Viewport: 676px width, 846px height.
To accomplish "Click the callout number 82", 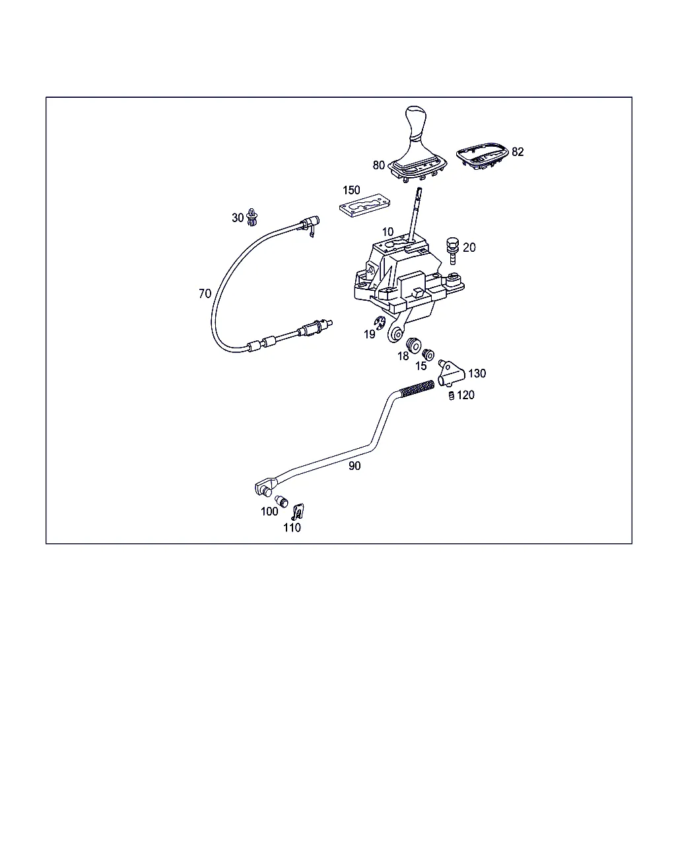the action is pyautogui.click(x=518, y=152).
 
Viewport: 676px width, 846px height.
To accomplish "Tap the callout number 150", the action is pyautogui.click(x=351, y=190).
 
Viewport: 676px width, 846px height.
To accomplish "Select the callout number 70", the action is pyautogui.click(x=205, y=293).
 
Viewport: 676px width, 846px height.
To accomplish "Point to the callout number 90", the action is pyautogui.click(x=355, y=466).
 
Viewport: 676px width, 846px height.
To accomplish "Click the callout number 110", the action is pyautogui.click(x=292, y=527).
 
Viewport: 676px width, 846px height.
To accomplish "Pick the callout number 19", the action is pyautogui.click(x=369, y=334).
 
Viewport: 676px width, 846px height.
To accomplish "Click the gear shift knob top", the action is pyautogui.click(x=416, y=114).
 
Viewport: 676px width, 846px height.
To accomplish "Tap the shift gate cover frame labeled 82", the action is pyautogui.click(x=483, y=156).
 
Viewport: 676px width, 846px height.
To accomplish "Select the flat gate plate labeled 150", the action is pyautogui.click(x=364, y=205).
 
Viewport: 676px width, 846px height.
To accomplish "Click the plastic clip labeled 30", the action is pyautogui.click(x=252, y=217).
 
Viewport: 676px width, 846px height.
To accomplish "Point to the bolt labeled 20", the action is pyautogui.click(x=452, y=250).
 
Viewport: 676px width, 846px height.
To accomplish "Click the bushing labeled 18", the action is pyautogui.click(x=413, y=345).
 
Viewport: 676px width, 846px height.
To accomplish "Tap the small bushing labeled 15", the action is pyautogui.click(x=428, y=355).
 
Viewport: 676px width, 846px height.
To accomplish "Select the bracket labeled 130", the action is pyautogui.click(x=451, y=374).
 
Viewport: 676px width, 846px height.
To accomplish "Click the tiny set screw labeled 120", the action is pyautogui.click(x=452, y=395).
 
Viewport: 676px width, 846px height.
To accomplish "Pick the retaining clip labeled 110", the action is pyautogui.click(x=298, y=511).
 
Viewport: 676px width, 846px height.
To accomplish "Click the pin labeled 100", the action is pyautogui.click(x=281, y=501).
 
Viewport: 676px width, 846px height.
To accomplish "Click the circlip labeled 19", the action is pyautogui.click(x=380, y=323).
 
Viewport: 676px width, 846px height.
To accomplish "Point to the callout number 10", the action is pyautogui.click(x=388, y=232).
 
